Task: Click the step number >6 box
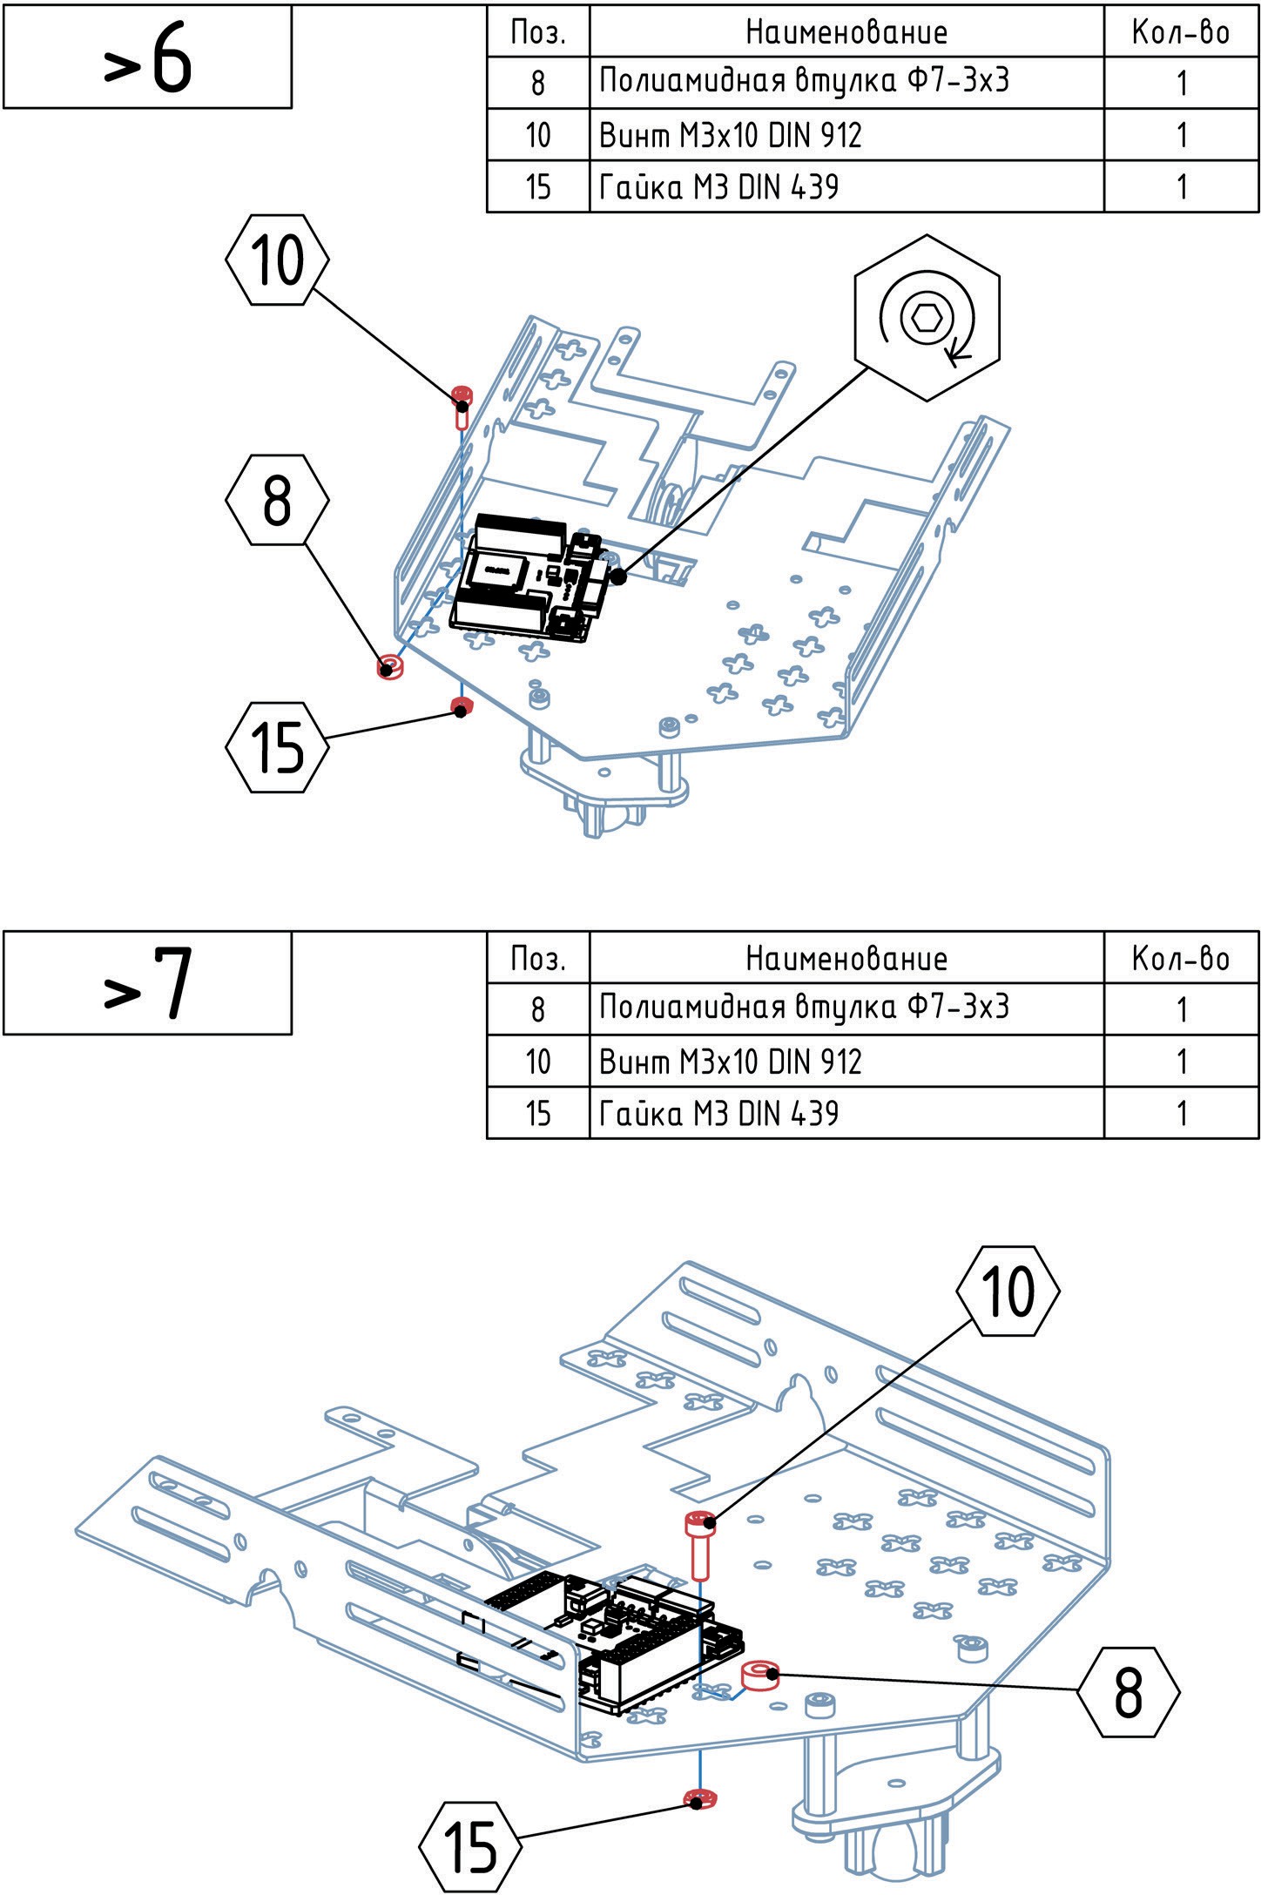tap(147, 57)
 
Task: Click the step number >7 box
tap(147, 982)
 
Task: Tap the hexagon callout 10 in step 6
tap(277, 260)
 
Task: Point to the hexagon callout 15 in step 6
tap(277, 747)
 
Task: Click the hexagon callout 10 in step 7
tap(1008, 1291)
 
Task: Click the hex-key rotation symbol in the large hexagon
tap(927, 317)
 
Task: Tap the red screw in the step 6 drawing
tap(462, 405)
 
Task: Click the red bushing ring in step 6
tap(389, 668)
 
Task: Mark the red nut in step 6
tap(461, 705)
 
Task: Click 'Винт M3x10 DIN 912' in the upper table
tap(730, 135)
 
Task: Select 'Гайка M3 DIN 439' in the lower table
tap(718, 1113)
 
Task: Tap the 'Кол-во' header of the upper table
tap(1180, 32)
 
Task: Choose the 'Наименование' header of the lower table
tap(846, 958)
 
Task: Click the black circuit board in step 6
tap(523, 579)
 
